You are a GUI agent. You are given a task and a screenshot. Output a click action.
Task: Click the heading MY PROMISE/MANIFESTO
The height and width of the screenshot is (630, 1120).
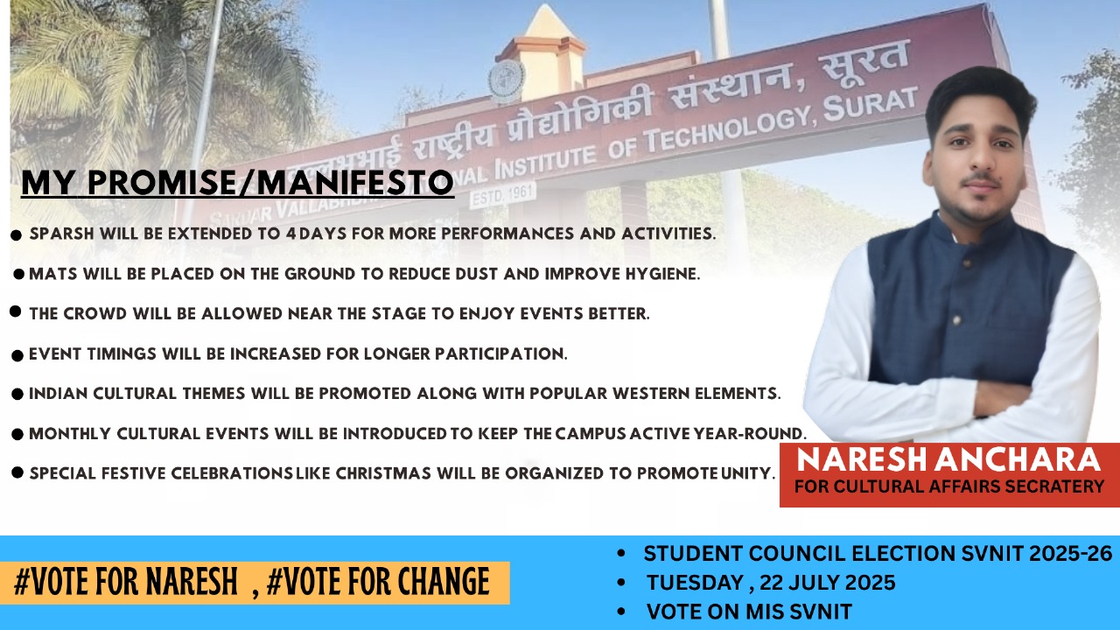(x=237, y=183)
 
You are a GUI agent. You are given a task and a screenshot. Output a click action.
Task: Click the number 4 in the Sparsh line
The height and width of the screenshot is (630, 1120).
(x=290, y=234)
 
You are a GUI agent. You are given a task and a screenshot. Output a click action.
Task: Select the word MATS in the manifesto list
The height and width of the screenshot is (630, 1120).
(x=50, y=274)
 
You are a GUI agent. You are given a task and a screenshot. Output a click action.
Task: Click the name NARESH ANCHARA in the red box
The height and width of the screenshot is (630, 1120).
(x=948, y=460)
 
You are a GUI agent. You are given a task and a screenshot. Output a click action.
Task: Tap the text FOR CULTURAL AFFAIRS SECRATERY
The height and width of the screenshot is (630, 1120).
(x=948, y=486)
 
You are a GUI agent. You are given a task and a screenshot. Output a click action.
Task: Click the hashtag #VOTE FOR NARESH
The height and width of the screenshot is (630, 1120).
(x=126, y=583)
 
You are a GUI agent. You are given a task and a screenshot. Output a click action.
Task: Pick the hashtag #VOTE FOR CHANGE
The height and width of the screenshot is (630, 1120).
(x=378, y=583)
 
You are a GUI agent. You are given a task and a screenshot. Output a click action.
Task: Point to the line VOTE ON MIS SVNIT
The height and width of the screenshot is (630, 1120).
(x=749, y=612)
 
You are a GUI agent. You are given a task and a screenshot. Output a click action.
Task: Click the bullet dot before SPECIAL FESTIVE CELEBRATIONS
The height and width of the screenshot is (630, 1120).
(x=17, y=472)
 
